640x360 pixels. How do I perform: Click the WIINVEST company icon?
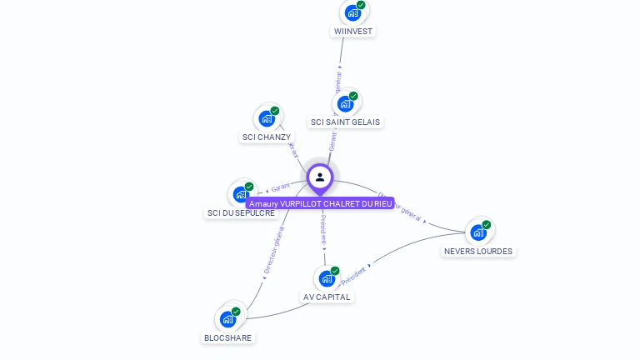(x=352, y=12)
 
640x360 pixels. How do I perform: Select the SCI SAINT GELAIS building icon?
(x=345, y=104)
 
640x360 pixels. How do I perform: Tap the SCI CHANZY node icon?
(x=266, y=118)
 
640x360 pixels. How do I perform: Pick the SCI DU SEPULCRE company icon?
(x=241, y=194)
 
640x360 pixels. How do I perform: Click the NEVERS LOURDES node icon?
(x=478, y=232)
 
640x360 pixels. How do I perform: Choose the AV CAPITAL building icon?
(x=327, y=278)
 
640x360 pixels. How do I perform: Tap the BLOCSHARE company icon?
(x=227, y=318)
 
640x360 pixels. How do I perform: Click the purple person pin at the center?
(x=320, y=177)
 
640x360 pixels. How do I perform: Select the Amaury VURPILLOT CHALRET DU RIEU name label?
(x=320, y=203)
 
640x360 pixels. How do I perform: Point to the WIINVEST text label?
(x=353, y=32)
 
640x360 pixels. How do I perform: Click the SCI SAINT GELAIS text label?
(x=345, y=122)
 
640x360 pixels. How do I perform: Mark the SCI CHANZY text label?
(x=267, y=137)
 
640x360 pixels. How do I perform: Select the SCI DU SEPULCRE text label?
(x=241, y=212)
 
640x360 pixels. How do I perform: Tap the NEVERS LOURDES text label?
(x=478, y=251)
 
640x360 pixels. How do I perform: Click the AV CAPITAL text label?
(x=327, y=297)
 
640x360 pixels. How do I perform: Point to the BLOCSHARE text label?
(x=227, y=337)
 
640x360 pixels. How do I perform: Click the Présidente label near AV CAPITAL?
(x=353, y=276)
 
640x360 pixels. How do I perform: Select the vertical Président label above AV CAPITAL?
(x=323, y=229)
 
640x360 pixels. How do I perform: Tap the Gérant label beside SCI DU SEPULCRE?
(x=281, y=188)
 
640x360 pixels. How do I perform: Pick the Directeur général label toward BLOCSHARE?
(x=273, y=251)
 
